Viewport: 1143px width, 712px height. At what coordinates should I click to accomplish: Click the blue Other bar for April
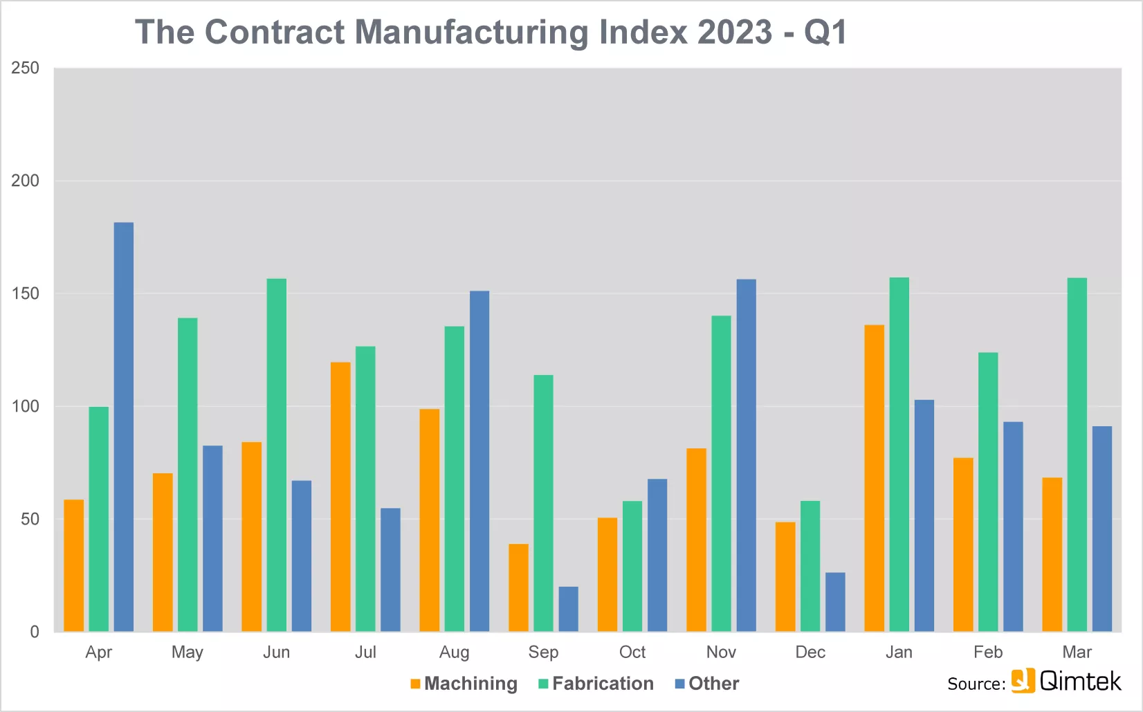pos(123,427)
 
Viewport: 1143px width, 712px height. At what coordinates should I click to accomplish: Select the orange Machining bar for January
pos(874,478)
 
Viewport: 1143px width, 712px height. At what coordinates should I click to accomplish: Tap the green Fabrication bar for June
pos(277,455)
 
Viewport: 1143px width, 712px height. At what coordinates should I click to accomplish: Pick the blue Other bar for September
pos(569,609)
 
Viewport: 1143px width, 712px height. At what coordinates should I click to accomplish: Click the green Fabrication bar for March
pos(1077,455)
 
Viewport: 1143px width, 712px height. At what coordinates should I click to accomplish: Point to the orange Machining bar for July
pos(340,497)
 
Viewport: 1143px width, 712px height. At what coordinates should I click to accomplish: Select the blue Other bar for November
pos(747,455)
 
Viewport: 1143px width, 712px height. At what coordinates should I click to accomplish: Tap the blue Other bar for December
pos(835,602)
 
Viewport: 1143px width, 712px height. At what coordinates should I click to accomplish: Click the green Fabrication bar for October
pos(632,566)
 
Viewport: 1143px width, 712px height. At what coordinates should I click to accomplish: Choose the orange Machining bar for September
pos(518,587)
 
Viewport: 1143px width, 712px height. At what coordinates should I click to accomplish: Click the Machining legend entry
pos(464,684)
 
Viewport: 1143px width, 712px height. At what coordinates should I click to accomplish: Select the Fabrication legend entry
pos(596,684)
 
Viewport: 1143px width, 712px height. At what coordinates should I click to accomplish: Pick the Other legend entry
pos(707,684)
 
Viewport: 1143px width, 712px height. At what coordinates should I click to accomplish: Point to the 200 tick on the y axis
pos(25,181)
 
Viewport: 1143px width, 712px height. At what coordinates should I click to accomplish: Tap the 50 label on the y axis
pos(30,519)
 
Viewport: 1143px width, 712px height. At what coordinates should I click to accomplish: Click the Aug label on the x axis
pos(454,652)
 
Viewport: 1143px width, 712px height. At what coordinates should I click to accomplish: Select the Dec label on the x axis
pos(810,652)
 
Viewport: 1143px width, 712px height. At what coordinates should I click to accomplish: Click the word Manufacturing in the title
pos(471,33)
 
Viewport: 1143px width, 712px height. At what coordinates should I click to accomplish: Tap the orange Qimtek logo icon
pos(1023,680)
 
